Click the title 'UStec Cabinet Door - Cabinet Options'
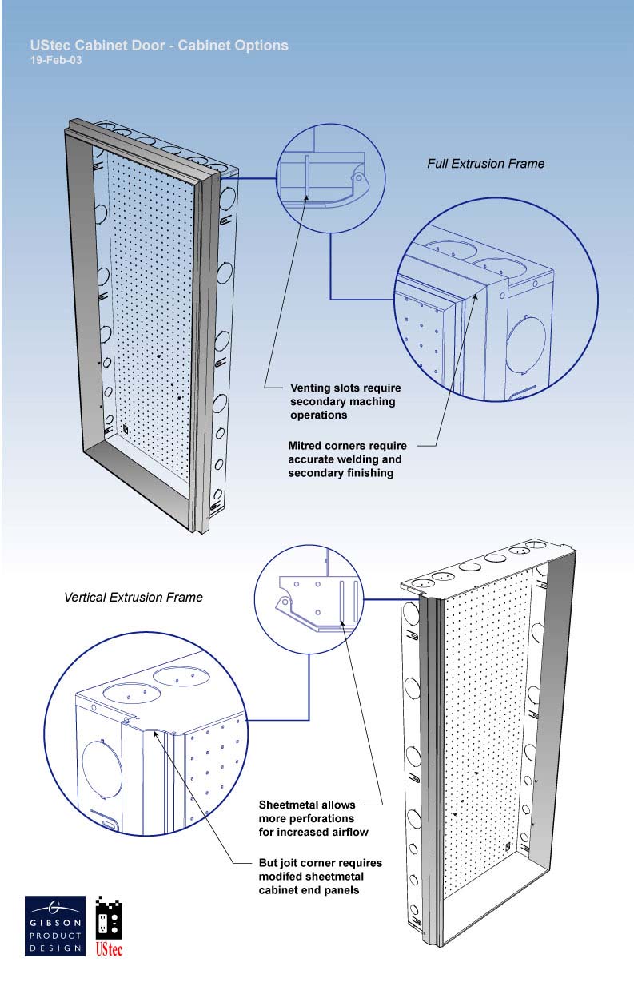point(159,46)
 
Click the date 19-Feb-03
point(56,60)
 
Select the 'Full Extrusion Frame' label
point(485,164)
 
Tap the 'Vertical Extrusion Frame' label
point(134,597)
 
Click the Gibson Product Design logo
point(55,925)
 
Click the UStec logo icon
point(109,917)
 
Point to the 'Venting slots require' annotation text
point(345,388)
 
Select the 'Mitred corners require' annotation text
point(347,446)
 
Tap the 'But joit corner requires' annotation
point(320,863)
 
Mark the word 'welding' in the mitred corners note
point(380,459)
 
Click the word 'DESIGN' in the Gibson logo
point(55,948)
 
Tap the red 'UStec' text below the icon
point(109,948)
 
